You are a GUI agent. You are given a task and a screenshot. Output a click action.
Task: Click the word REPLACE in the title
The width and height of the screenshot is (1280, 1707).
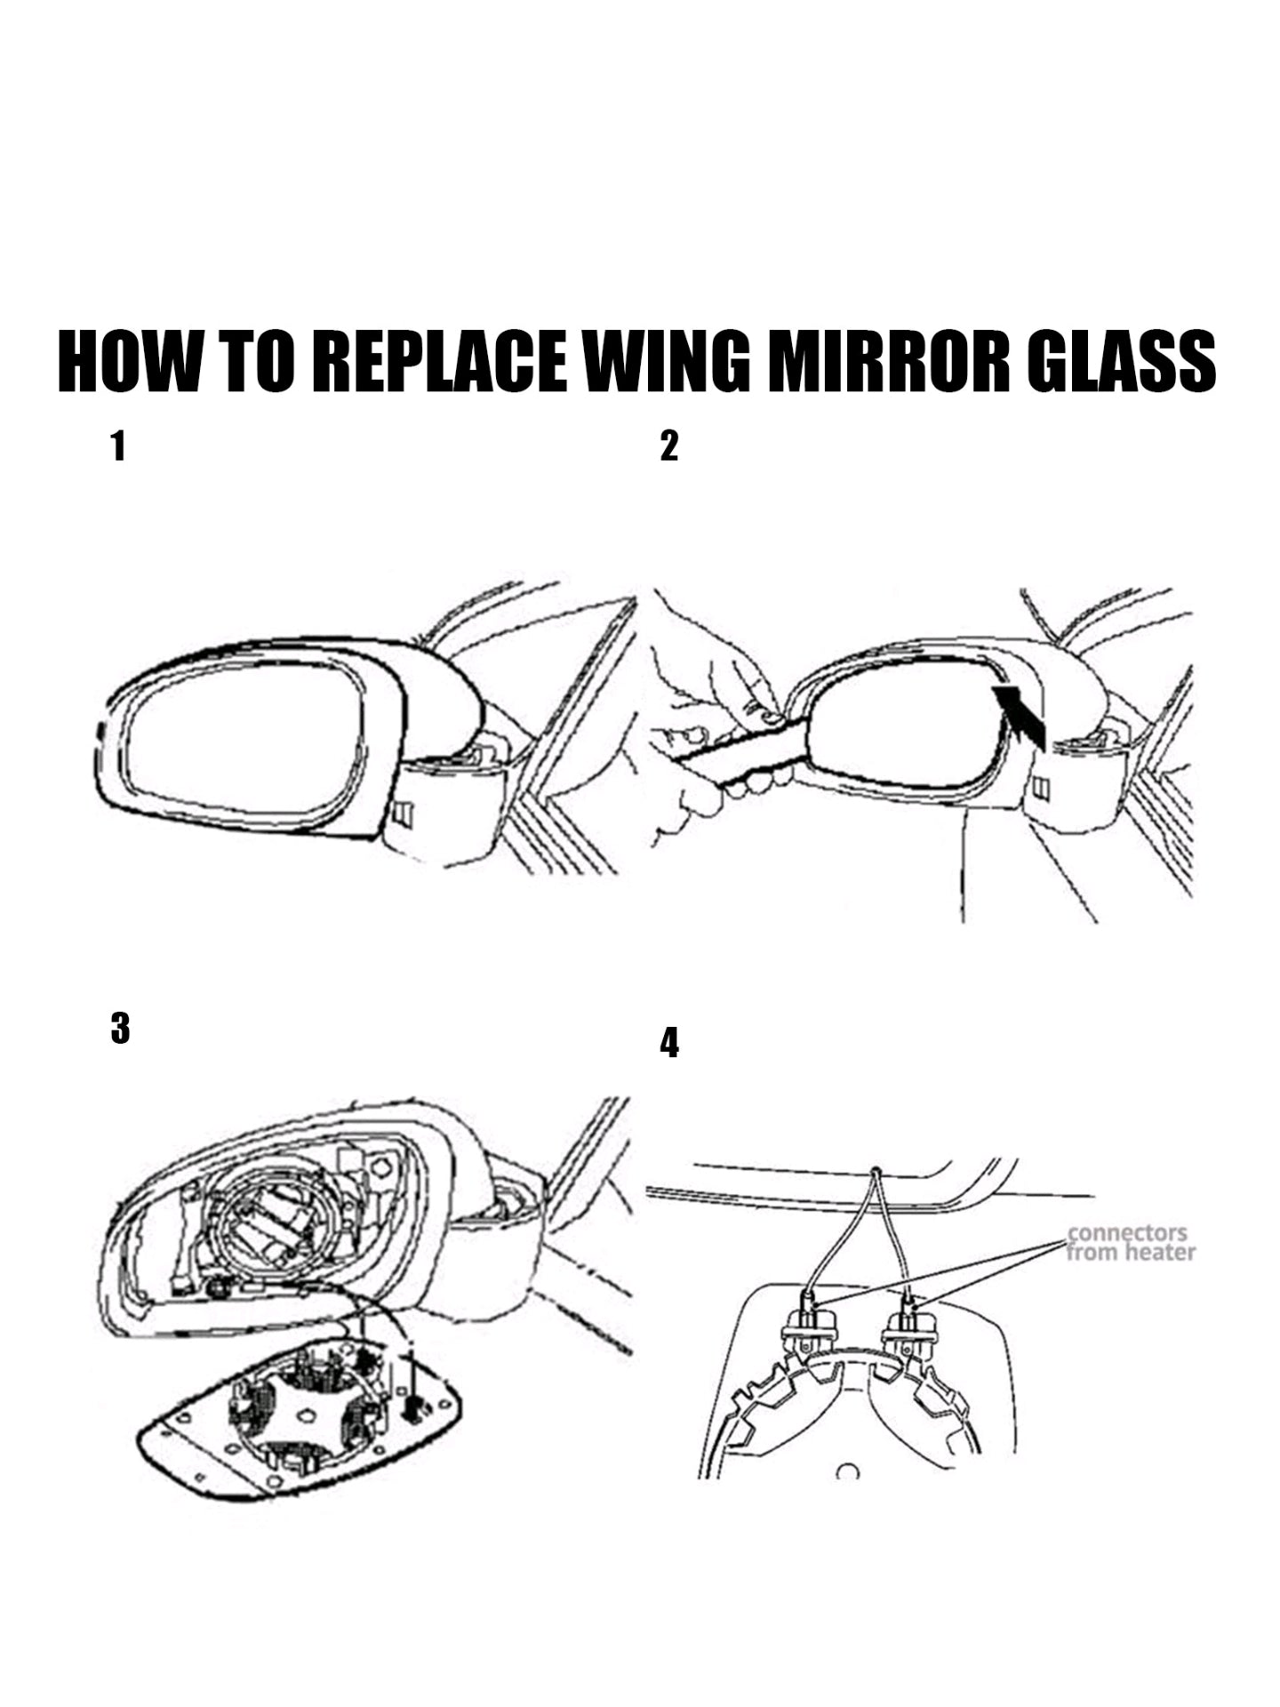pos(441,362)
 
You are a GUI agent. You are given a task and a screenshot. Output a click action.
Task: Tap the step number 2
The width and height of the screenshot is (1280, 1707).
pos(669,446)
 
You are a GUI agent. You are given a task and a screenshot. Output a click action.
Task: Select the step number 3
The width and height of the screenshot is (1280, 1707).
pos(120,1029)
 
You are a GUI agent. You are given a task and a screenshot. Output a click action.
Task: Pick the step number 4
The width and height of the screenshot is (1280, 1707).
pos(669,1043)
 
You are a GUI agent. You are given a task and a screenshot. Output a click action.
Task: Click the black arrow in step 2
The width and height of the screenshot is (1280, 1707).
pos(1020,711)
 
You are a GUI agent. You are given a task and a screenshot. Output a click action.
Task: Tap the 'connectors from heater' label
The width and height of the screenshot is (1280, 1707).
pos(1131,1243)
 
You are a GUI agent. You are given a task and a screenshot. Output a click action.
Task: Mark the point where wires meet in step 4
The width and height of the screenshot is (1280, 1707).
pos(876,1172)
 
